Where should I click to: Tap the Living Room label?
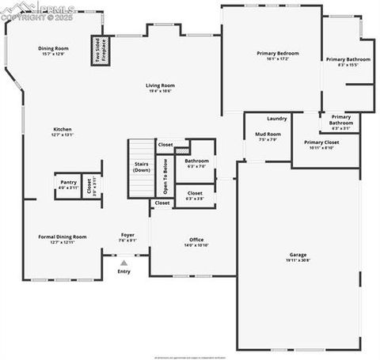tap(159, 85)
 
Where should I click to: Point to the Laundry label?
tap(276, 118)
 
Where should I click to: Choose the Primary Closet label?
tap(319, 142)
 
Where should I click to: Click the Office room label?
tap(196, 240)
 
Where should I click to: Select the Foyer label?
tap(127, 235)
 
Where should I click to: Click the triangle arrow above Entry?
tap(123, 262)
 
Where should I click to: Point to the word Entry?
tap(123, 271)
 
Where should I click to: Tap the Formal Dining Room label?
tap(63, 237)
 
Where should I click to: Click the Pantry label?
tap(68, 182)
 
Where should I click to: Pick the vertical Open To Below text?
tap(165, 176)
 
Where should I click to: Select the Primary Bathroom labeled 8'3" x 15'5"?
tap(348, 60)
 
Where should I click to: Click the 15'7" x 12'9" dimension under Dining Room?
tap(54, 54)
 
